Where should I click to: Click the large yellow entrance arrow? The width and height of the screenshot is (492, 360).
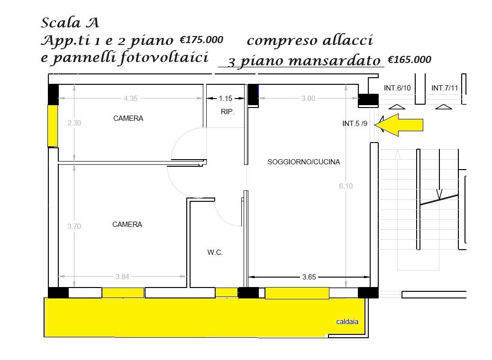399,125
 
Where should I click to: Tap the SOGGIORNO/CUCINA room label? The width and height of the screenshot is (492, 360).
303,162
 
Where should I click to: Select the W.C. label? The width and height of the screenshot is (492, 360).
215,252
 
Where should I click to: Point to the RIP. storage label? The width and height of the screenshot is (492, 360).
228,112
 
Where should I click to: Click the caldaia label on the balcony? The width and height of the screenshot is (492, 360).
347,322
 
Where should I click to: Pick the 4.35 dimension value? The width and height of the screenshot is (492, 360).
130,99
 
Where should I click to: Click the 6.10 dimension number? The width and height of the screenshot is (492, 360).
346,186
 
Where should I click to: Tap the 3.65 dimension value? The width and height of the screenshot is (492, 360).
309,277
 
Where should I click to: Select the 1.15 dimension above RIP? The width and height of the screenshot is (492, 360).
225,99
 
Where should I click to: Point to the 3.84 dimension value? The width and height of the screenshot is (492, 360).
122,277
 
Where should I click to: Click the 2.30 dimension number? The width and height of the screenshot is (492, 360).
74,123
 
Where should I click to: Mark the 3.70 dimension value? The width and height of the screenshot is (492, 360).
74,226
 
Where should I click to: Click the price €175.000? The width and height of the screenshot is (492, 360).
201,40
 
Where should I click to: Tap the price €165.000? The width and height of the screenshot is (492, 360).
410,60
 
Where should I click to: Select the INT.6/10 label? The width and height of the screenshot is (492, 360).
397,88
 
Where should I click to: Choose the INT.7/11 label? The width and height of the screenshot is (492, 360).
445,88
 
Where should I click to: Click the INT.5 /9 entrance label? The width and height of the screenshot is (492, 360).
355,124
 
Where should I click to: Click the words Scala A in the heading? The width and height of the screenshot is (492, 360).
70,23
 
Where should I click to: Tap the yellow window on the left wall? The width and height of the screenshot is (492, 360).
53,126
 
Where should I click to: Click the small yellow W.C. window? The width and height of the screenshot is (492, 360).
227,293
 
